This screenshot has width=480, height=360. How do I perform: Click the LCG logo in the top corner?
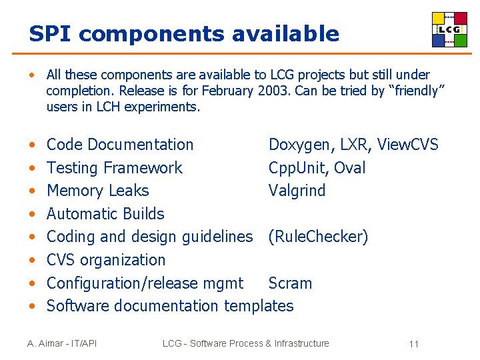click(x=449, y=30)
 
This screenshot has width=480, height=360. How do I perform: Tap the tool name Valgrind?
click(x=297, y=191)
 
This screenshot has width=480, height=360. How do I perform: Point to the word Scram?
click(x=290, y=283)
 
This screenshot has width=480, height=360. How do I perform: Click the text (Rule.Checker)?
click(x=318, y=237)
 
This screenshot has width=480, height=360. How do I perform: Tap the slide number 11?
click(x=413, y=344)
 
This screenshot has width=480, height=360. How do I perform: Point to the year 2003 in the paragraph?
click(x=271, y=91)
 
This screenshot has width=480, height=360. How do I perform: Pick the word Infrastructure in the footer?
click(x=301, y=343)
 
